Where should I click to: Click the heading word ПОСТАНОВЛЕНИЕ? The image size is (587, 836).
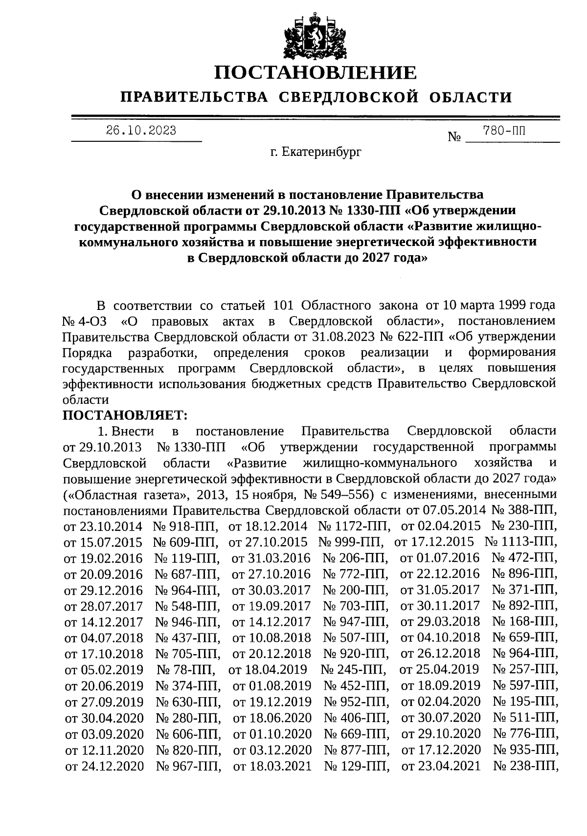316,73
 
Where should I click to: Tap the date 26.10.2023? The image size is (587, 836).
141,131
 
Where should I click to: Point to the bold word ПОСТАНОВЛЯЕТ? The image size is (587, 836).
125,415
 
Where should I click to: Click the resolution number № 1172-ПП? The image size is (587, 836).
354,526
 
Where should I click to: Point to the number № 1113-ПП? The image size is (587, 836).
520,542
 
